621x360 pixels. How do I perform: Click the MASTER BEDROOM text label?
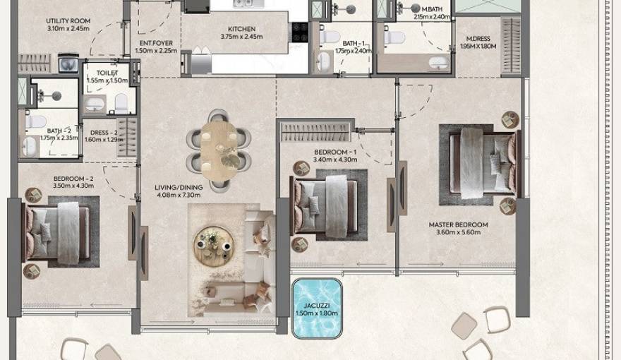[x=458, y=225]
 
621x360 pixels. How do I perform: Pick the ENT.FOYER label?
[x=156, y=43]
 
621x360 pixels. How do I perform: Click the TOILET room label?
[x=107, y=73]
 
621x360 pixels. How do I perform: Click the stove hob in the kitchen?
[x=300, y=32]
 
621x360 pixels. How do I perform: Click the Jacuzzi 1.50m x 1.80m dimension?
[x=317, y=313]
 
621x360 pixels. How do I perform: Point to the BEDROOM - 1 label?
[x=335, y=152]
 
